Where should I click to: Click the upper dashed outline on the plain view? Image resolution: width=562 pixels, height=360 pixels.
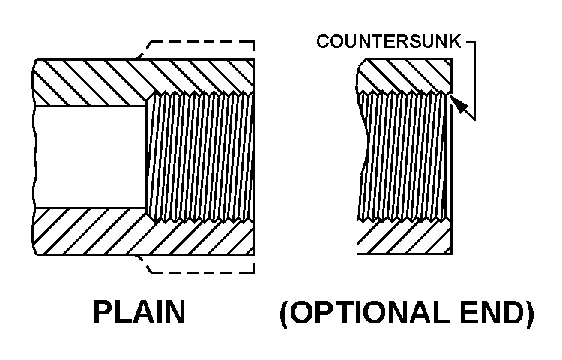tap(202, 42)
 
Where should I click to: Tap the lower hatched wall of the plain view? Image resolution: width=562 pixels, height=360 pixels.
tap(90, 232)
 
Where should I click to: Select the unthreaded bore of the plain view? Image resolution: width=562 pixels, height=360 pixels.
tap(90, 157)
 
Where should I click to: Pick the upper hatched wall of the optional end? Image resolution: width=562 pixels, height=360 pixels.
tap(405, 75)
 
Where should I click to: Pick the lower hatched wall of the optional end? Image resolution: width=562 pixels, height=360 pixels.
tap(405, 238)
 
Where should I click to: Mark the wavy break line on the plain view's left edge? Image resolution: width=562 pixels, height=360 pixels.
tap(35, 157)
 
